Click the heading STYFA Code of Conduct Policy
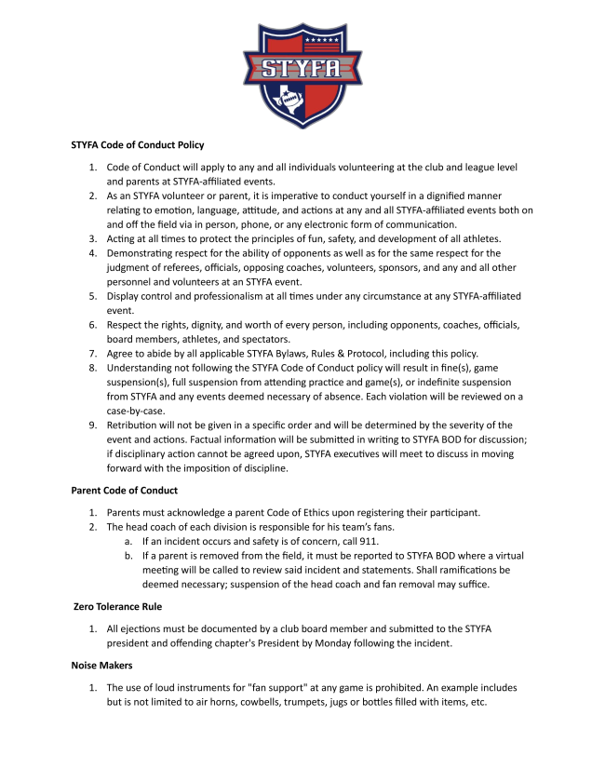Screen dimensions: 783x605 138,145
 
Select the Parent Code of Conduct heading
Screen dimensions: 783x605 125,491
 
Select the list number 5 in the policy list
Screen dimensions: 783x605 93,296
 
